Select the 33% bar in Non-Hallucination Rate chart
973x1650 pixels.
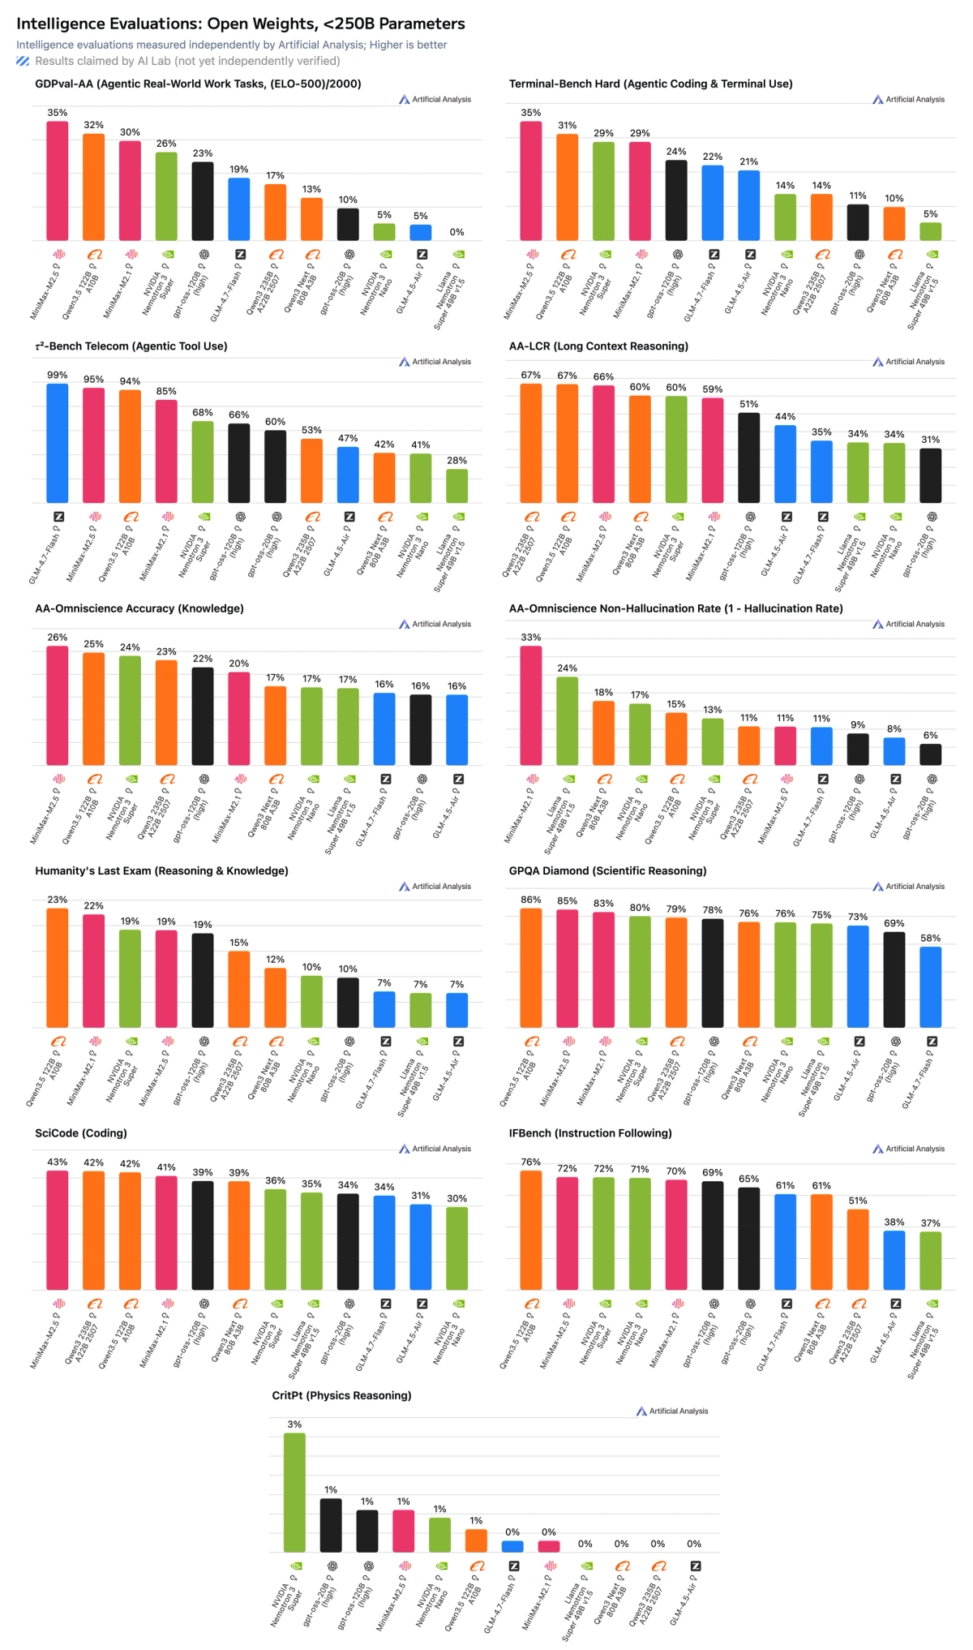coord(531,705)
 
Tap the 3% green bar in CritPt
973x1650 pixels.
coord(294,1492)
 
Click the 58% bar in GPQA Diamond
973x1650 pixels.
coord(931,986)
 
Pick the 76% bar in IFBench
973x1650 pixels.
coord(531,1230)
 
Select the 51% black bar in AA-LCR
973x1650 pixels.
coord(749,458)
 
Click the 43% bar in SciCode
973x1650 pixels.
coord(58,1230)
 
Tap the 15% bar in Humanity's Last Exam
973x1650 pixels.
coord(239,989)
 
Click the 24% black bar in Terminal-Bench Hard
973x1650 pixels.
coord(676,200)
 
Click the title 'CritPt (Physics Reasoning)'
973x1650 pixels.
coord(341,1395)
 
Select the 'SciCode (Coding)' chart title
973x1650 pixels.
coord(81,1133)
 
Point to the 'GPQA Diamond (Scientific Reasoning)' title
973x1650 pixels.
coord(607,871)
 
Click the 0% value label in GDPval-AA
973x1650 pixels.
coord(457,232)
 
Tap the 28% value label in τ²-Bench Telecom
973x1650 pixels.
coord(457,461)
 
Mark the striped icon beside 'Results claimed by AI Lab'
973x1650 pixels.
coord(23,61)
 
